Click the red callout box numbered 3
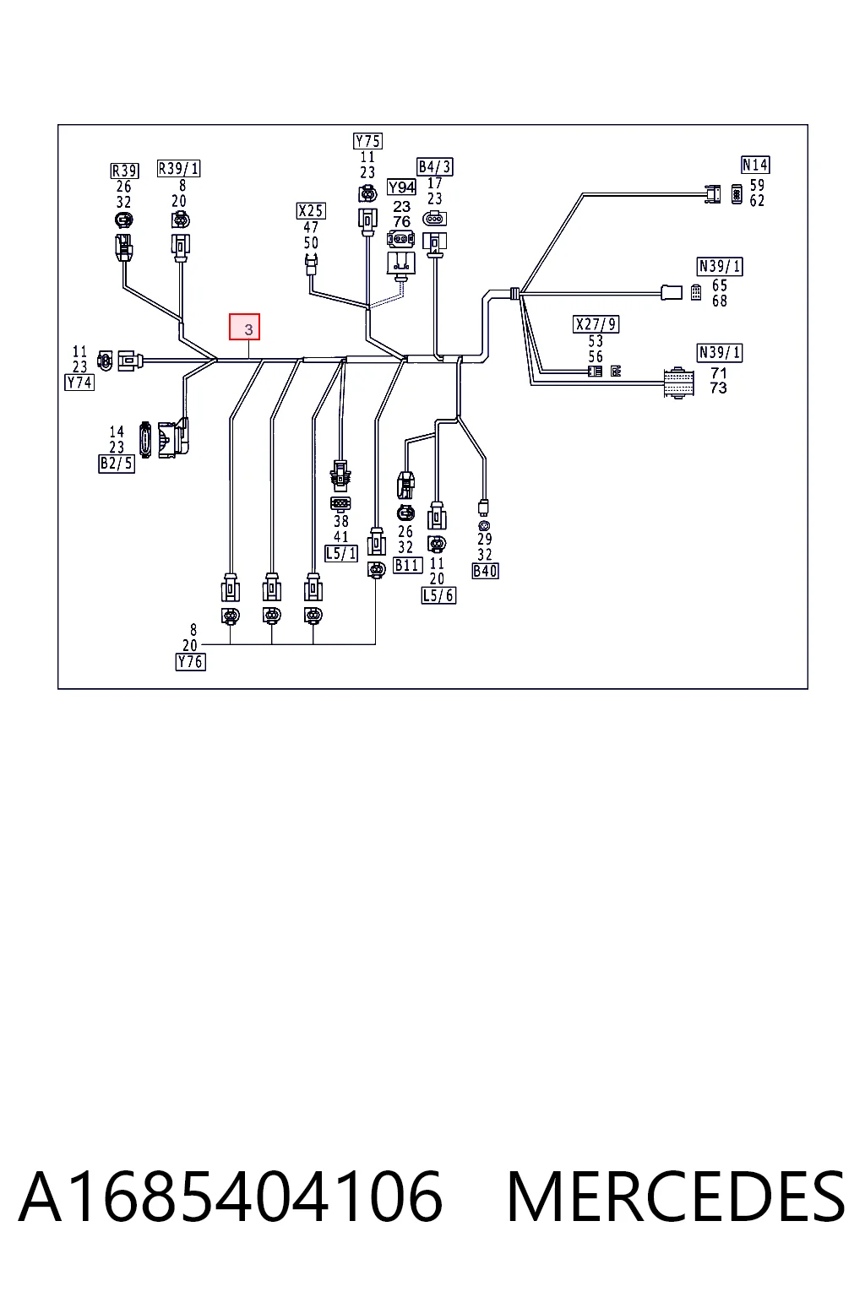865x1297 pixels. [244, 327]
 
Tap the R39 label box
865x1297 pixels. [124, 171]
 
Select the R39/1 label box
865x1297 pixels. [179, 169]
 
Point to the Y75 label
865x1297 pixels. [368, 141]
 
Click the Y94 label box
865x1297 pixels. [401, 187]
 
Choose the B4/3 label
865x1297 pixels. [435, 166]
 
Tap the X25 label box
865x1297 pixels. [311, 211]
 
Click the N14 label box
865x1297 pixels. [755, 165]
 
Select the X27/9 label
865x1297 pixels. [596, 324]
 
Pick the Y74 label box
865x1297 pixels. [79, 383]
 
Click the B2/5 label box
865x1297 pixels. [117, 464]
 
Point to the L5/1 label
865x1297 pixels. [341, 554]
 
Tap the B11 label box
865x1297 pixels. [408, 565]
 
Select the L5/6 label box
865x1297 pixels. [438, 595]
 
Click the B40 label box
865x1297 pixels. [486, 571]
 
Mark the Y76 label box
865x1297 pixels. [191, 662]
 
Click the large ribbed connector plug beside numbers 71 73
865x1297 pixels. [678, 383]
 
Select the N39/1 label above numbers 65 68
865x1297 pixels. [720, 267]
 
